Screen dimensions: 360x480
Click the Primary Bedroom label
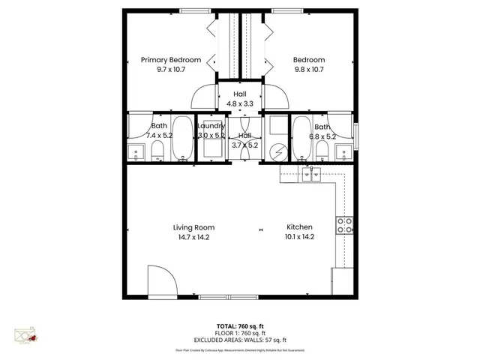pos(170,60)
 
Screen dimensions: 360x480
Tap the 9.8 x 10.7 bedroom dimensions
pos(308,70)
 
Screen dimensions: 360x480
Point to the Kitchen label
pos(299,227)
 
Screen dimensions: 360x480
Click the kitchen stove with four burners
pos(345,226)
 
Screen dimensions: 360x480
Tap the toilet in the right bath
pos(322,152)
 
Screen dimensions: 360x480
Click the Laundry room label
pos(211,126)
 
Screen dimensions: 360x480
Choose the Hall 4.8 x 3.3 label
pos(239,98)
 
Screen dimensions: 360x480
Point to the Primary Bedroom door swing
pos(204,98)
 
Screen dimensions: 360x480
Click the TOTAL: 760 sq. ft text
pos(239,325)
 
